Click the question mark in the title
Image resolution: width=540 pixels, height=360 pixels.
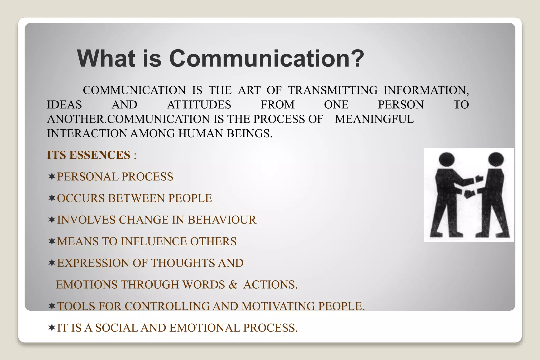tap(356, 58)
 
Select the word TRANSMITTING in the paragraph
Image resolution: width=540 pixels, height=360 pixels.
tap(332, 90)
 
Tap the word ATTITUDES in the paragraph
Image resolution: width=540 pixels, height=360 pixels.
tap(199, 105)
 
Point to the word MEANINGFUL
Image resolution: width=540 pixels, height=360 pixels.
tap(374, 119)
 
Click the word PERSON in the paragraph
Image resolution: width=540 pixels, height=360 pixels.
tap(401, 105)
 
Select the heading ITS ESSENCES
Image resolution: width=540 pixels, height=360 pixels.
tap(89, 155)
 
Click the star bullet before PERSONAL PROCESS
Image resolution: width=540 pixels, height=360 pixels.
tap(52, 176)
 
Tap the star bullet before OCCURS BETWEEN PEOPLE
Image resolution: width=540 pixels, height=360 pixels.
tap(52, 198)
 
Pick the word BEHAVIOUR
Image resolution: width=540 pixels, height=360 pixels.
tap(222, 220)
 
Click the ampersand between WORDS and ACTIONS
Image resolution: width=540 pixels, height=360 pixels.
tap(233, 285)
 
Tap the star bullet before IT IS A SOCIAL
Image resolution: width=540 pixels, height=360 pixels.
tap(52, 328)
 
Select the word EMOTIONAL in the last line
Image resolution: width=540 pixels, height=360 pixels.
tap(205, 328)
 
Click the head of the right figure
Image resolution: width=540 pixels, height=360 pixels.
tap(496, 159)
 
